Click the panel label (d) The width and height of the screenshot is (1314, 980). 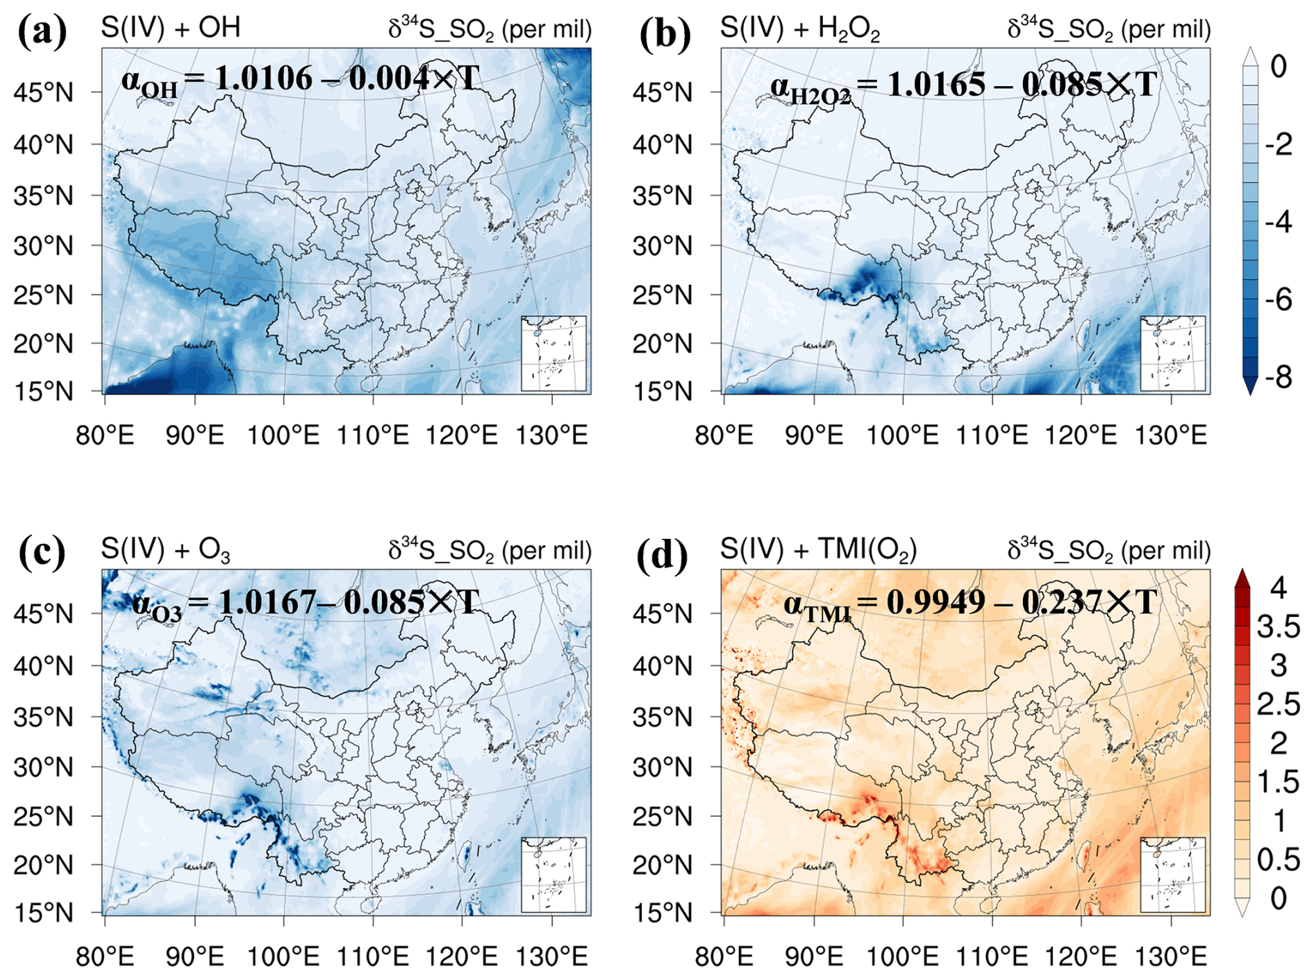click(x=663, y=555)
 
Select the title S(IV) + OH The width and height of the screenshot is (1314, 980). click(x=171, y=28)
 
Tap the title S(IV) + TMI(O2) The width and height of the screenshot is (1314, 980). click(x=819, y=550)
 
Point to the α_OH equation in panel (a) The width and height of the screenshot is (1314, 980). click(x=300, y=81)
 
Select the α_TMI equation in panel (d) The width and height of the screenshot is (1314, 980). click(x=970, y=604)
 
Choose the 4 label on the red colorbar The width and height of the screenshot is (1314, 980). click(x=1279, y=588)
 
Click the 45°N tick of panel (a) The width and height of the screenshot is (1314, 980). click(x=43, y=92)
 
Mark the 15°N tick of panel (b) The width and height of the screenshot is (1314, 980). click(x=663, y=392)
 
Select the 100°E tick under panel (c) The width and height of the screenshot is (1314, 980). click(x=283, y=957)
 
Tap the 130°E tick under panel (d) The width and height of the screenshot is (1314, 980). click(x=1171, y=957)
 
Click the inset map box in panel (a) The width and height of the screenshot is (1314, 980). click(x=554, y=354)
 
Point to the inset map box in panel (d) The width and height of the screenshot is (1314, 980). click(x=1173, y=875)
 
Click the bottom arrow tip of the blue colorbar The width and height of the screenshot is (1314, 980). click(x=1250, y=395)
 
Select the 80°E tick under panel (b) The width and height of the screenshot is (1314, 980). click(x=724, y=435)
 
